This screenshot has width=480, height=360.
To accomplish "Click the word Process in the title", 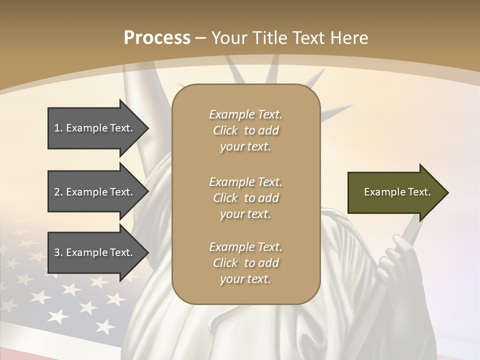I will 157,38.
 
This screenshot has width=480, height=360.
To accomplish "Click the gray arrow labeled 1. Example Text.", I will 95,128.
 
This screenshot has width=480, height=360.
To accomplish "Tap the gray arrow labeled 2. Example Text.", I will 95,192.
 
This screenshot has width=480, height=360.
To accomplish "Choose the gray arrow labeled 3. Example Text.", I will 95,252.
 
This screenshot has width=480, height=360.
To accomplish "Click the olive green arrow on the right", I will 395,192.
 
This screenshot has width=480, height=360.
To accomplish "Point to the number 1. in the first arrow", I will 58,128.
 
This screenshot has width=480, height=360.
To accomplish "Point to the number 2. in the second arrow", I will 58,192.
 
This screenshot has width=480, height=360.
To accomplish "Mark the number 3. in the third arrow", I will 58,252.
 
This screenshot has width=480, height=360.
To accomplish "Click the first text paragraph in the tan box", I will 245,130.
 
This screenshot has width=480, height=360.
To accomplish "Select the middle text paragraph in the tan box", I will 245,197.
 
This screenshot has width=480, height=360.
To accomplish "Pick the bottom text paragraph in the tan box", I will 245,263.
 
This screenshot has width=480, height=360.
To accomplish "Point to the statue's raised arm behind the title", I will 132,100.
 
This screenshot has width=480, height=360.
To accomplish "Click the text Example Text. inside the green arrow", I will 397,192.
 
